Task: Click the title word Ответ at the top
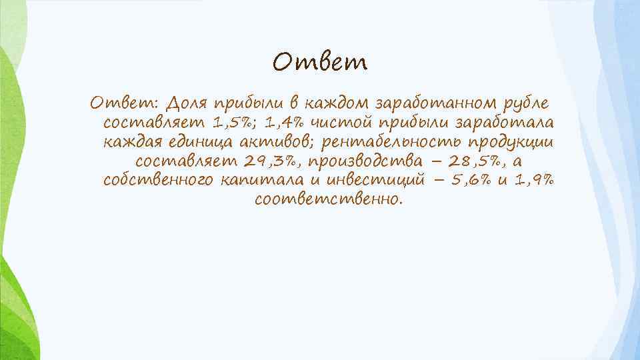pos(320,63)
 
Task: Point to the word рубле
pos(525,104)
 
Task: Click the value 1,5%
pos(235,123)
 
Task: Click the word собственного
pos(159,181)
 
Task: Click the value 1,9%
pos(533,181)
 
